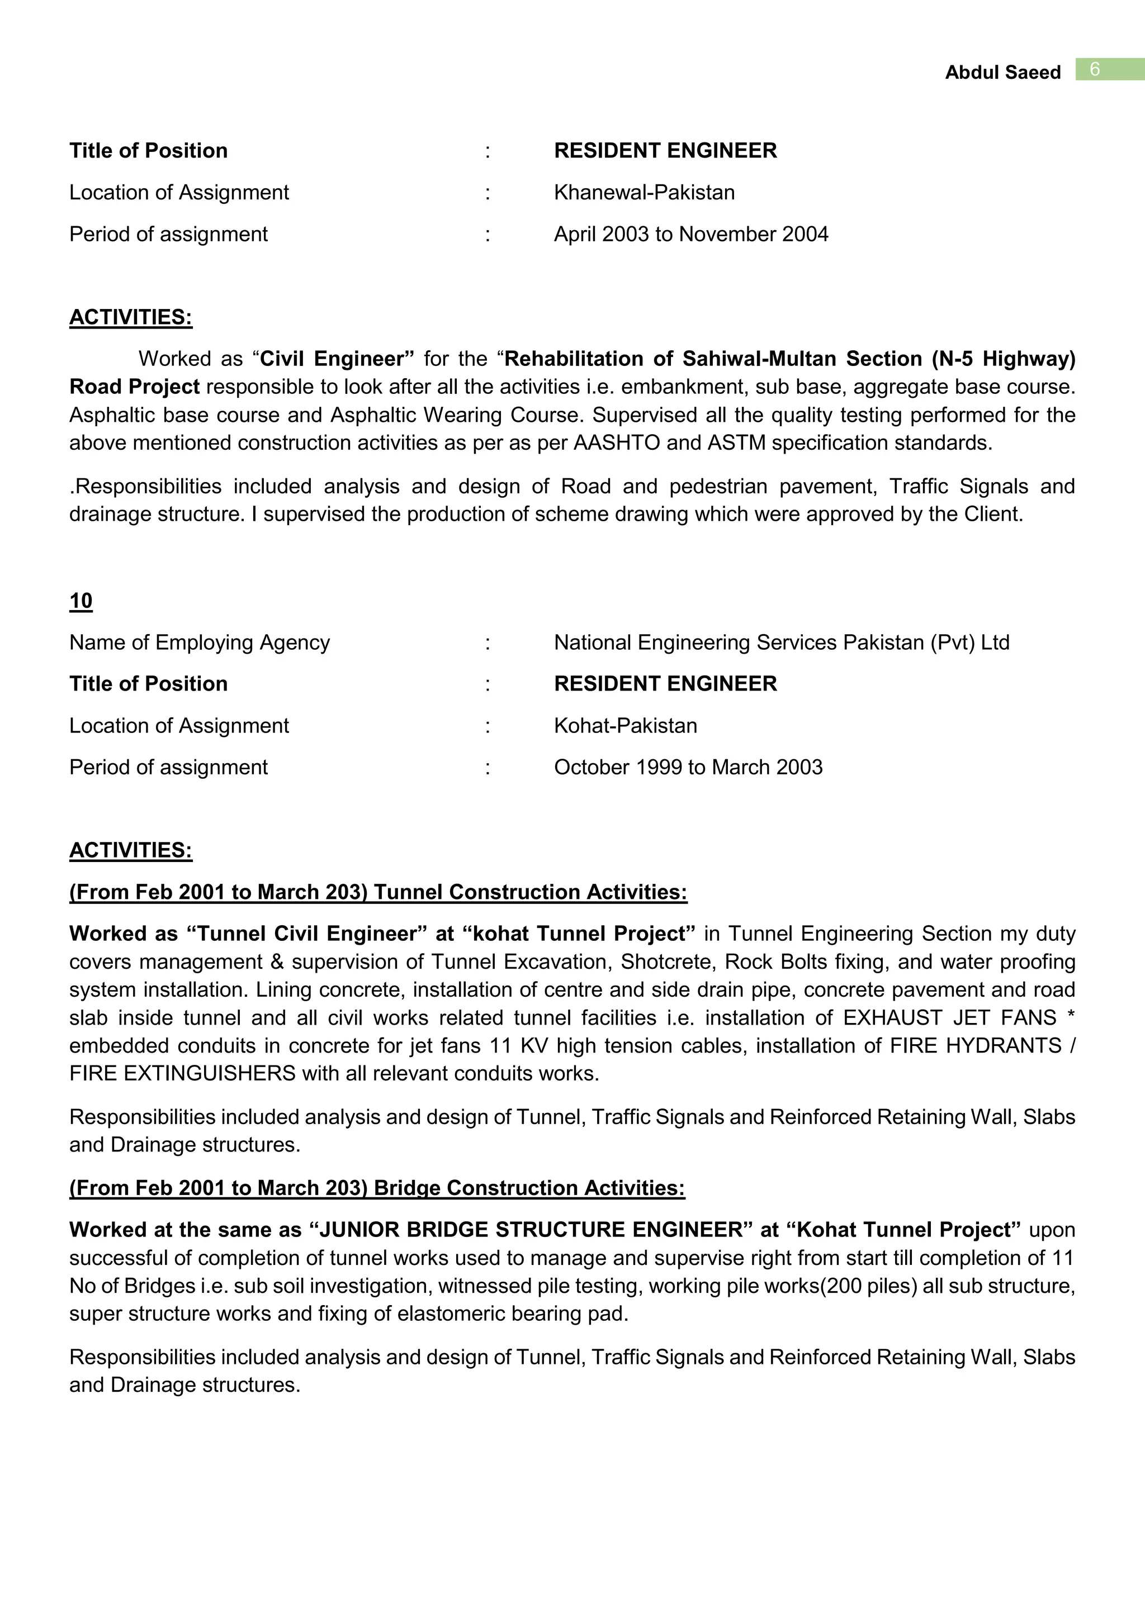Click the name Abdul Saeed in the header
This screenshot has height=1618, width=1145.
click(1002, 73)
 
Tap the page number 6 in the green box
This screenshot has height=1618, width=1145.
click(1094, 69)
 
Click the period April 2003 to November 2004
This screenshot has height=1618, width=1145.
click(690, 234)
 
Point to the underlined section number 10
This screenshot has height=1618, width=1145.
click(81, 601)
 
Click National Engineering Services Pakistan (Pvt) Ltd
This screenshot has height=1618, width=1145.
click(781, 642)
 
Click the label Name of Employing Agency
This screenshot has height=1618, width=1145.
click(200, 642)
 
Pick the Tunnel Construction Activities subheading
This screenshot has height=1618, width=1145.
click(378, 892)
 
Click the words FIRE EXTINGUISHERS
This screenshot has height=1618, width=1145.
click(182, 1073)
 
